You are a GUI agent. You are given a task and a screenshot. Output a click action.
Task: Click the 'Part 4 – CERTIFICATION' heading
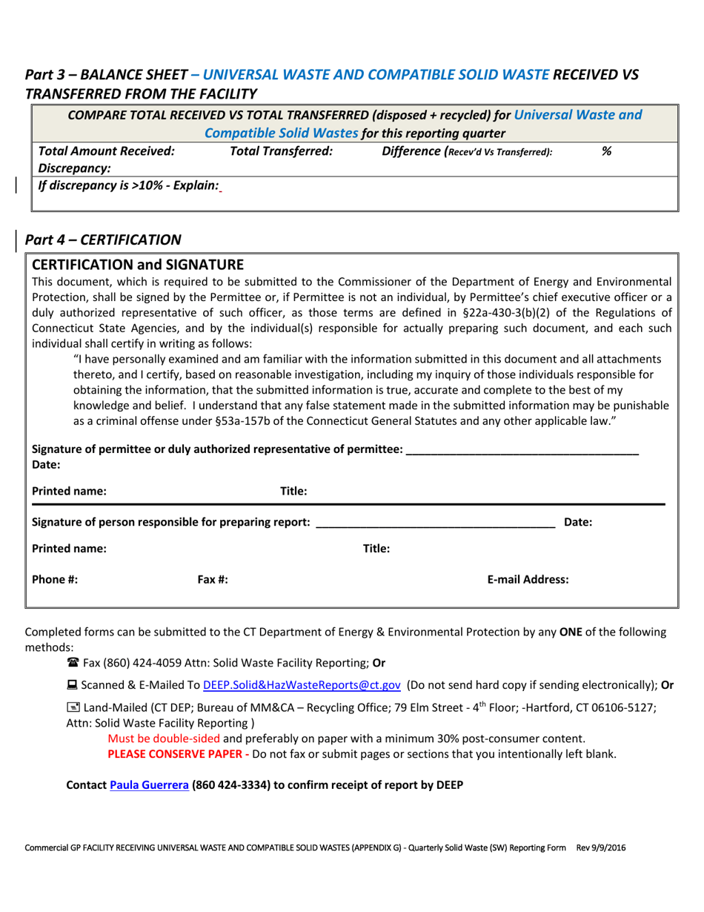click(x=103, y=239)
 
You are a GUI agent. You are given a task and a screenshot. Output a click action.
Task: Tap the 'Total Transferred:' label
click(x=282, y=151)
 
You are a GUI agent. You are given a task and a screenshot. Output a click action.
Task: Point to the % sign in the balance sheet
click(x=606, y=151)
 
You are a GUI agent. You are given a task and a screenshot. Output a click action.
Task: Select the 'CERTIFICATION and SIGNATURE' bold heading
click(x=138, y=265)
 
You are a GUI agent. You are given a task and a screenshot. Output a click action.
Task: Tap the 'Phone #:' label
click(x=56, y=580)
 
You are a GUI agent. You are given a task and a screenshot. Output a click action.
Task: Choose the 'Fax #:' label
click(x=213, y=580)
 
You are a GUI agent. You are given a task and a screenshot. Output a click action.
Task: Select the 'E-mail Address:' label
click(x=528, y=580)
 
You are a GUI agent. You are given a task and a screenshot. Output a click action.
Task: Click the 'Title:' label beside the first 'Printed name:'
click(x=293, y=491)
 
